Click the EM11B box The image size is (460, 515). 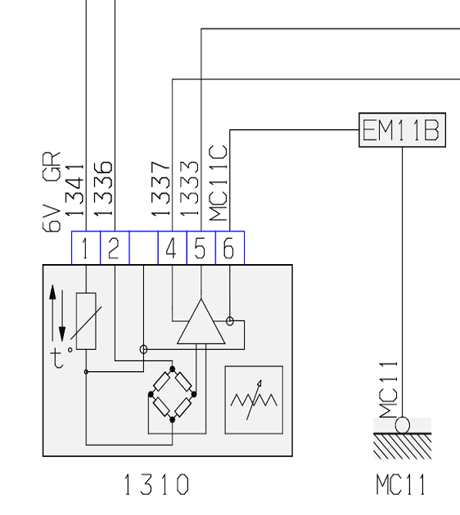(x=402, y=130)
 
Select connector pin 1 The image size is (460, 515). (x=86, y=248)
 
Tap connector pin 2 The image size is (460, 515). (x=115, y=248)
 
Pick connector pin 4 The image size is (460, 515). (x=172, y=248)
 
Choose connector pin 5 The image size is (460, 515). (x=201, y=248)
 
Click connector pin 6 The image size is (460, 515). (x=230, y=248)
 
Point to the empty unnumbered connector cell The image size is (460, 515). (x=144, y=248)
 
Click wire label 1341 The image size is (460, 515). (x=74, y=190)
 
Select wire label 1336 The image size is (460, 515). (x=103, y=189)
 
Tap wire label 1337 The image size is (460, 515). (x=160, y=189)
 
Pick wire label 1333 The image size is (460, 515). (x=189, y=189)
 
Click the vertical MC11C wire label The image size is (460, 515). (x=218, y=183)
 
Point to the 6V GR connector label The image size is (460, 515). (x=52, y=192)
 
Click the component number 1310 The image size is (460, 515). (x=157, y=484)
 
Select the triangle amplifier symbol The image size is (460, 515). (x=201, y=321)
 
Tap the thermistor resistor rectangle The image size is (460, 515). (x=86, y=321)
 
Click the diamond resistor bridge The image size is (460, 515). (x=172, y=394)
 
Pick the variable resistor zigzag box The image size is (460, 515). (x=254, y=400)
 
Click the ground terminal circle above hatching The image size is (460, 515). (x=402, y=425)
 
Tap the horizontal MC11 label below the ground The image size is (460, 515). (x=401, y=484)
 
